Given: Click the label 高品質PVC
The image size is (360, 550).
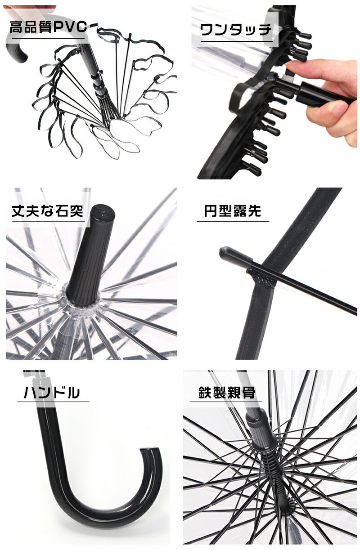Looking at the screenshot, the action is click(x=48, y=27).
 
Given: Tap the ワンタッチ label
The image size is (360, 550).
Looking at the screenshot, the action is click(x=236, y=30).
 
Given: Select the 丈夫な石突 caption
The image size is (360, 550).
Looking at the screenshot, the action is click(x=48, y=211).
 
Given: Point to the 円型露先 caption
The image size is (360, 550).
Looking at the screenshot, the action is click(x=233, y=211).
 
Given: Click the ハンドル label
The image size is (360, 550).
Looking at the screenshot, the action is click(x=52, y=392).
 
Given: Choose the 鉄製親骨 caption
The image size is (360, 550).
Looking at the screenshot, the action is click(x=227, y=392).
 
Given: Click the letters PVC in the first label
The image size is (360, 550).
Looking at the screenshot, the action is click(x=70, y=27).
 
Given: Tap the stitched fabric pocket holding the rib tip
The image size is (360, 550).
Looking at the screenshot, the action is click(x=262, y=278).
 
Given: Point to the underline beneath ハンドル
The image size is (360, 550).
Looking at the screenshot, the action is click(x=53, y=402).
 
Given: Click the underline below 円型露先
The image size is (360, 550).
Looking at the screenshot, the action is click(x=233, y=221).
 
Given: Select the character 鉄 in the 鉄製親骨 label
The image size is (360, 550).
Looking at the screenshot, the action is click(x=205, y=392).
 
